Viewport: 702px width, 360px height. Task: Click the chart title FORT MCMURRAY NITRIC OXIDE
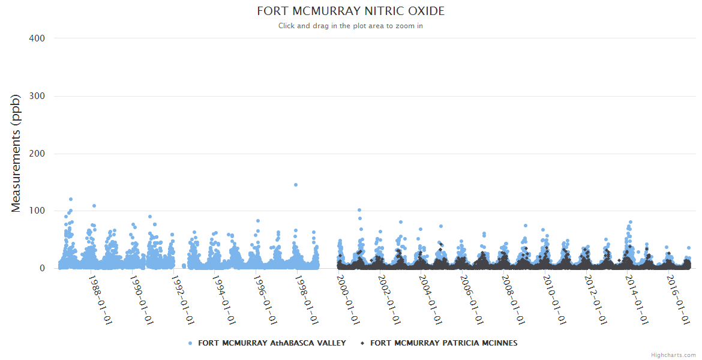click(x=351, y=11)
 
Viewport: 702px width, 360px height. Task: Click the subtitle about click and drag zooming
click(x=351, y=26)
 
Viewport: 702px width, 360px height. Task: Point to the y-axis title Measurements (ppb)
click(x=16, y=153)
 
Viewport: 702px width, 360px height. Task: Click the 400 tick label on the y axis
click(x=37, y=38)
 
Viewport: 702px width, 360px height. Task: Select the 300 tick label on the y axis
click(x=37, y=96)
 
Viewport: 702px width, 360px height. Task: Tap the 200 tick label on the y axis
click(x=37, y=154)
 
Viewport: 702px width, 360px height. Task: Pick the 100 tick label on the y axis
click(x=37, y=211)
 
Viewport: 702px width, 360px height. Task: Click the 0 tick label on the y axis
click(x=42, y=269)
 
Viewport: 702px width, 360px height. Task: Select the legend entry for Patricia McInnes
click(x=443, y=343)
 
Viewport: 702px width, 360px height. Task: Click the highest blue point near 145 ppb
click(x=296, y=185)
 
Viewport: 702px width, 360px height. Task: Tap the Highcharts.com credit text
click(x=673, y=355)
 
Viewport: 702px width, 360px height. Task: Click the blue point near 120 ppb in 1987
click(x=71, y=199)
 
